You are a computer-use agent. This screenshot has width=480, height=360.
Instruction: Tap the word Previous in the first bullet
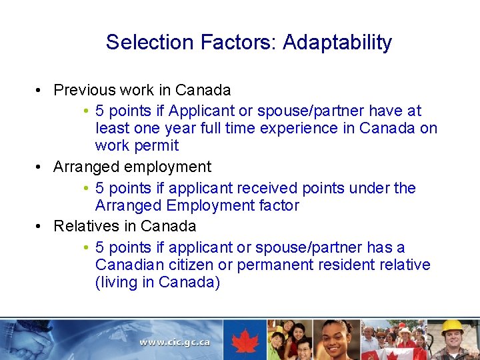coord(83,90)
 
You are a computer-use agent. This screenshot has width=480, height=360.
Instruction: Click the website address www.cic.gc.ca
coord(175,342)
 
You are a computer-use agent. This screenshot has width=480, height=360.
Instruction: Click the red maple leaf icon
coord(245,340)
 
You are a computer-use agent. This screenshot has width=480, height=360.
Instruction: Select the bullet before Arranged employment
coord(41,167)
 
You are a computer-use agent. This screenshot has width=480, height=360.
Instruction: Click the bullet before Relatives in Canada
coord(41,227)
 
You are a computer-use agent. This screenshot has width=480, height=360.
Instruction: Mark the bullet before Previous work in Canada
coord(41,91)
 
